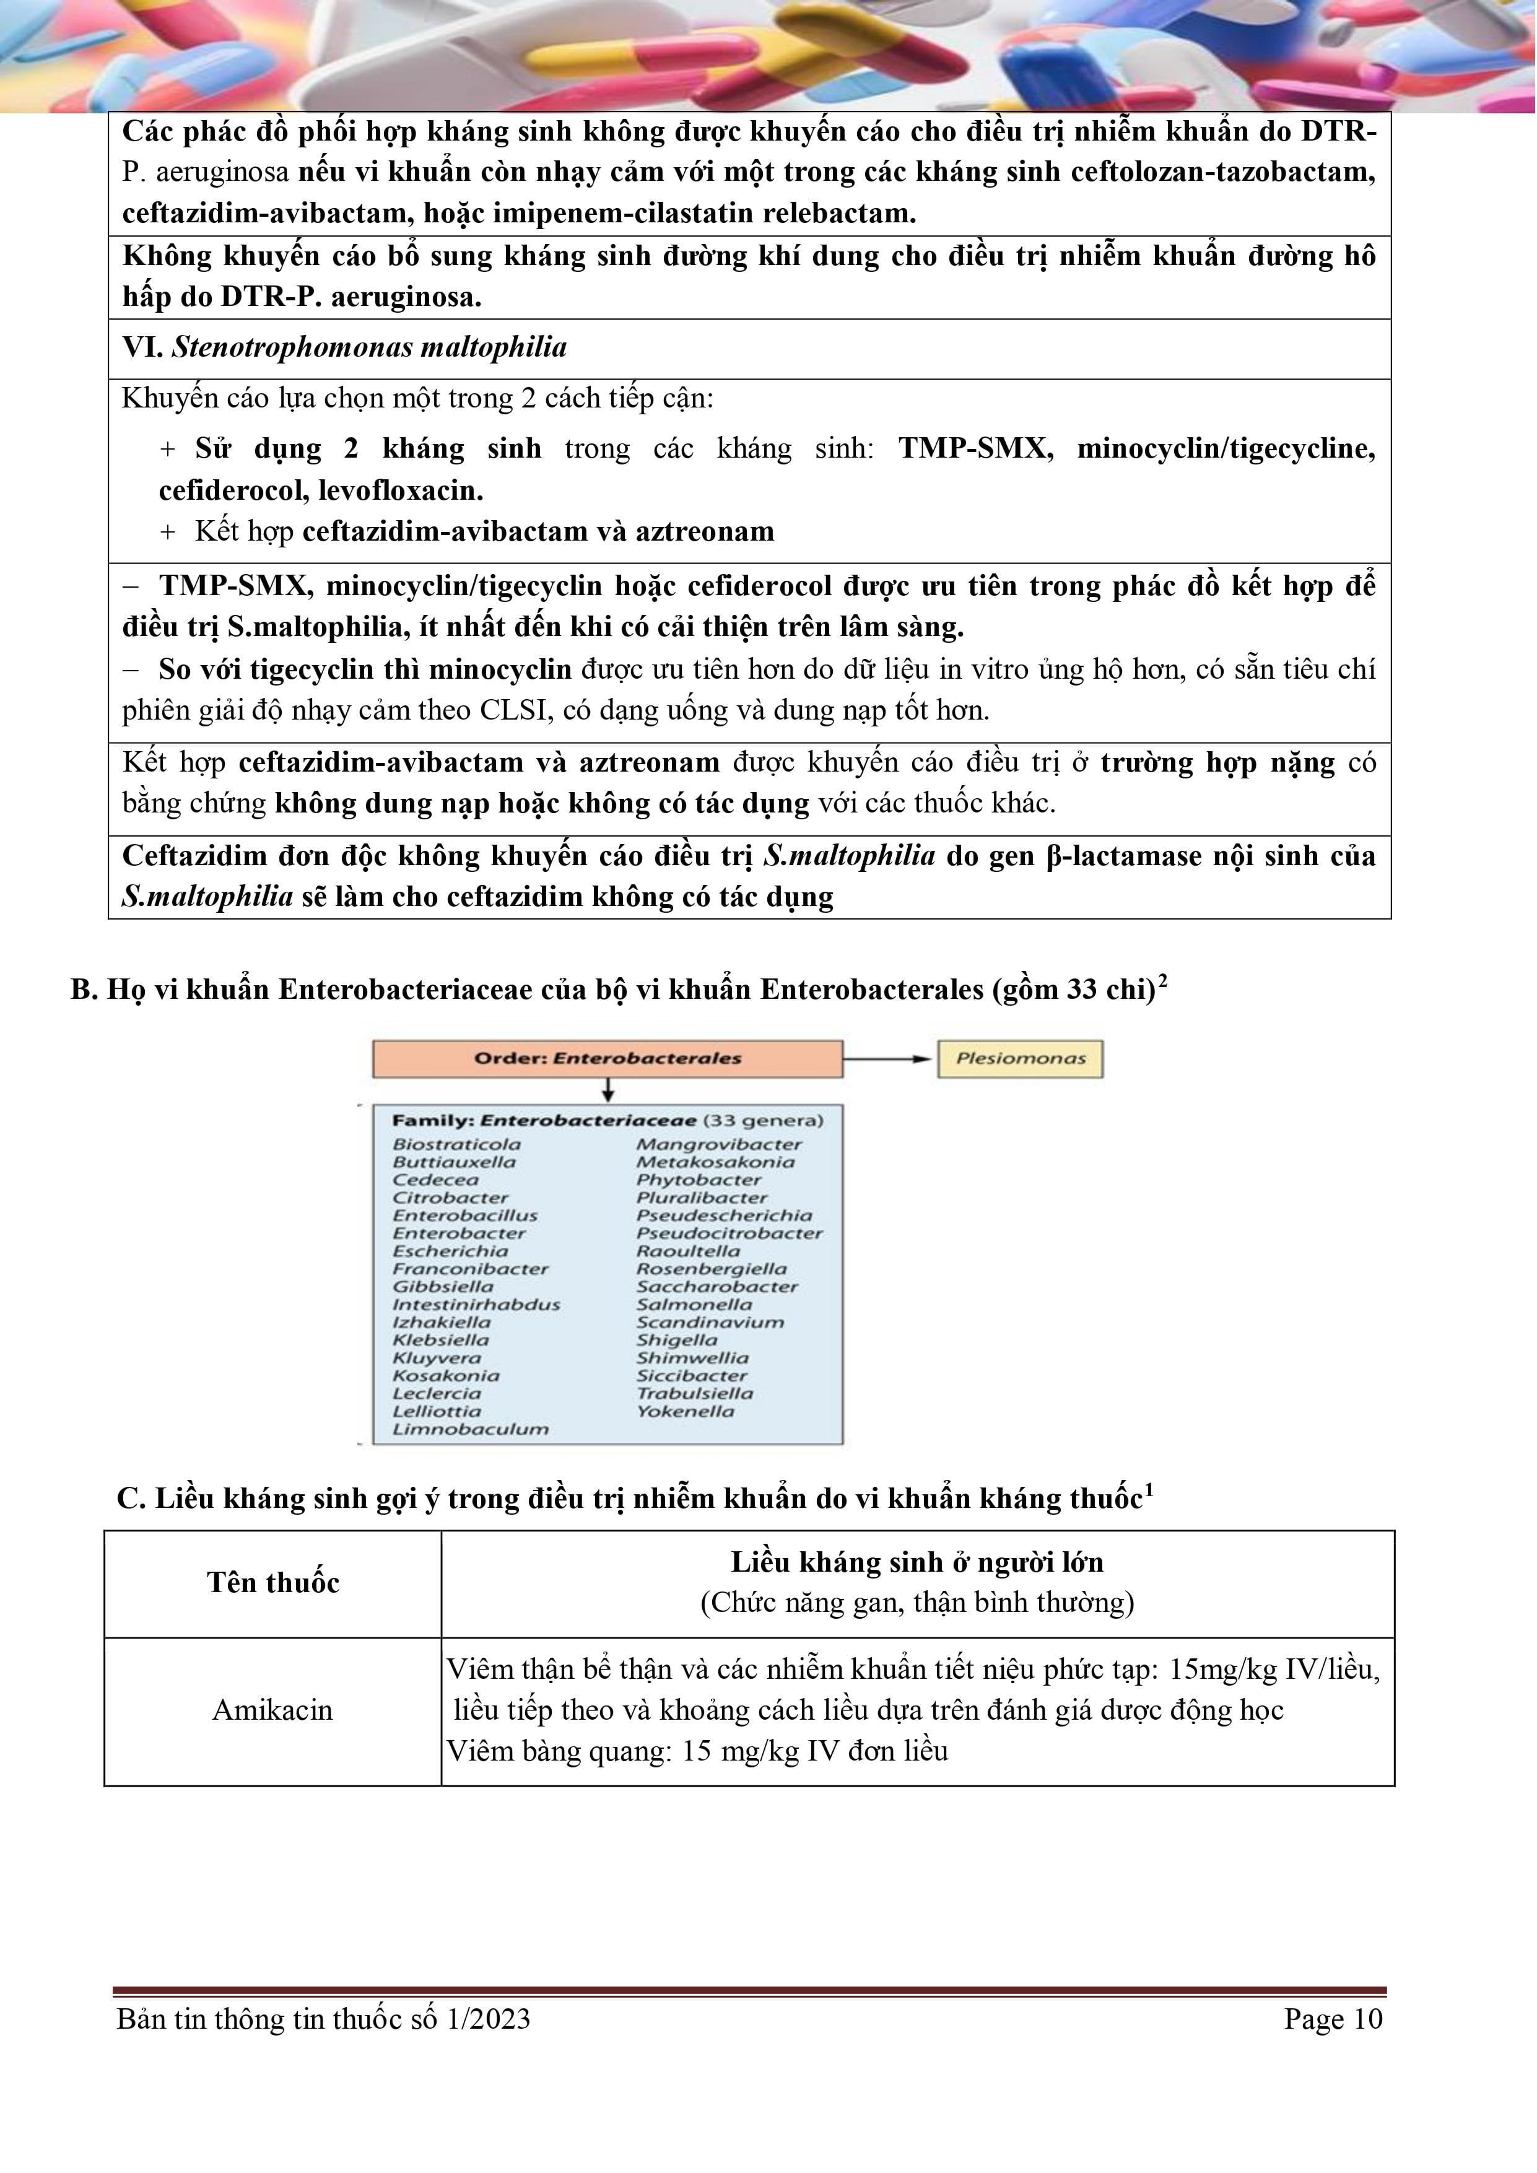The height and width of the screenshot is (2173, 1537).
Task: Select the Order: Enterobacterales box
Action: [x=607, y=1058]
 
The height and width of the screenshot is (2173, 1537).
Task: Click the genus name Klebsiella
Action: [x=441, y=1339]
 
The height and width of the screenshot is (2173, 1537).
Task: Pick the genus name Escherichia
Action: [x=450, y=1250]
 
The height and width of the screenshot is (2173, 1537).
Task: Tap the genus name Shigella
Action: [x=677, y=1339]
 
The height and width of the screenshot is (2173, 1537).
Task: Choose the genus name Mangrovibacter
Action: [x=718, y=1143]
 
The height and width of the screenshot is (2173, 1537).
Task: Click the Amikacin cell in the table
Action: [x=272, y=1709]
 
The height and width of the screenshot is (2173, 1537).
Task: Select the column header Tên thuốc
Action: [x=272, y=1582]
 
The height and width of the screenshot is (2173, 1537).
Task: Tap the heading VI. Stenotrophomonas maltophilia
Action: [x=344, y=347]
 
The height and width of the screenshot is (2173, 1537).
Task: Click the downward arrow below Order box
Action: [x=607, y=1091]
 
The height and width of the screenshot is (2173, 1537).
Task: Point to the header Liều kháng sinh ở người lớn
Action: [x=917, y=1562]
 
